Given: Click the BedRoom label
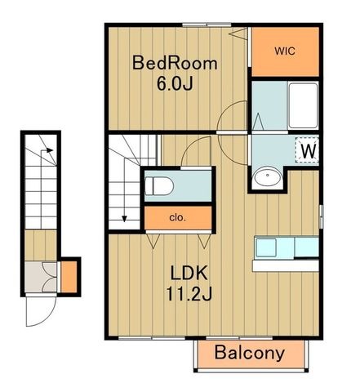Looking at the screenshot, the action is tap(175, 63).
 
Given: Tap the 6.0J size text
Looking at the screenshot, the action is tap(175, 83).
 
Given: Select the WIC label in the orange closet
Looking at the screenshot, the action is tap(285, 51).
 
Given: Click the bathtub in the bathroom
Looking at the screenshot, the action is tap(303, 105).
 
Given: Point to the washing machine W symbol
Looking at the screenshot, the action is tap(308, 150).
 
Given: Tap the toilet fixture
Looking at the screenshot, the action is tap(159, 186).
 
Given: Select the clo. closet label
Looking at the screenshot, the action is tap(177, 217).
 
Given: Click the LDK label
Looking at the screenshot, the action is tap(189, 273).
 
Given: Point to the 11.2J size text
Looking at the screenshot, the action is tap(189, 294).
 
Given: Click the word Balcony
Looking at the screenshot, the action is tap(250, 353).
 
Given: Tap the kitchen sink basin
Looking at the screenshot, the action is tap(266, 247).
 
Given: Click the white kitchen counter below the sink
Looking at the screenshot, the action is tap(286, 265).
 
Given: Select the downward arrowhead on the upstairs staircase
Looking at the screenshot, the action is tap(124, 219).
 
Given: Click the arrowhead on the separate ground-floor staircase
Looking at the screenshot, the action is tap(49, 150).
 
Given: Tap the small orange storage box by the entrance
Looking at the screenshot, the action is tap(69, 277).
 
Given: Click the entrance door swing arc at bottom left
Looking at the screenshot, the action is tap(48, 318).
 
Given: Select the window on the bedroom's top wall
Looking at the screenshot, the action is tap(207, 24).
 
